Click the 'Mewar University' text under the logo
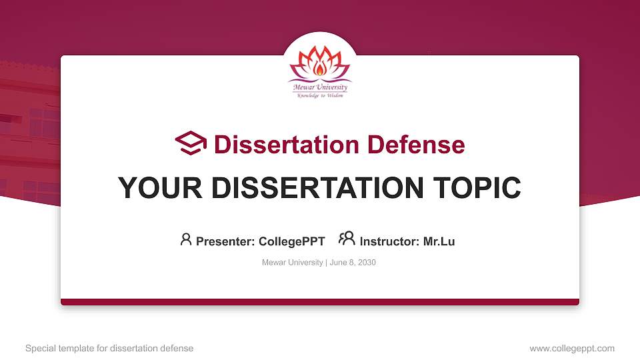[x=320, y=87]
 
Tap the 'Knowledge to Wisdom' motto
[x=320, y=95]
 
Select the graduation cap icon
[x=191, y=143]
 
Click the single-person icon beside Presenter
[x=186, y=239]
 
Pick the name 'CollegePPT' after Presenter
[x=291, y=241]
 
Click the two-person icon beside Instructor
[x=347, y=239]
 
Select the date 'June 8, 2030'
[x=353, y=263]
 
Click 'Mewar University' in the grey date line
[x=293, y=263]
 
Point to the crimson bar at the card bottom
[x=320, y=302]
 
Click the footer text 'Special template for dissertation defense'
[x=109, y=348]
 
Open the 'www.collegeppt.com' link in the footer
[x=572, y=348]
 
